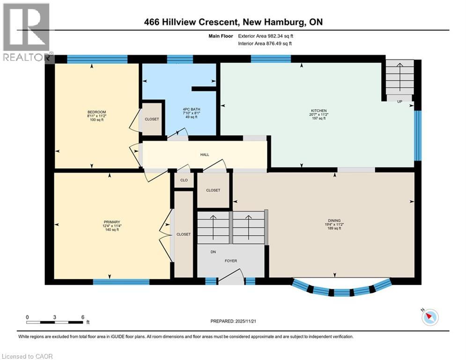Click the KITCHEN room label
pyautogui.click(x=319, y=111)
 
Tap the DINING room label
pyautogui.click(x=334, y=221)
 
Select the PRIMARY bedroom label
pyautogui.click(x=112, y=222)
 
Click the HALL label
pyautogui.click(x=205, y=155)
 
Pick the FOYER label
pyautogui.click(x=230, y=261)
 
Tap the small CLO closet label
pyautogui.click(x=184, y=180)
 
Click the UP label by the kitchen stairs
pyautogui.click(x=399, y=102)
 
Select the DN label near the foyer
pyautogui.click(x=213, y=252)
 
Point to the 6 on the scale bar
pyautogui.click(x=83, y=317)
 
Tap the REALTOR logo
pyautogui.click(x=27, y=32)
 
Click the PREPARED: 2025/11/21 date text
pyautogui.click(x=233, y=321)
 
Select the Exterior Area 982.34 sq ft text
pyautogui.click(x=266, y=36)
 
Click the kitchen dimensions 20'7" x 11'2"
pyautogui.click(x=318, y=114)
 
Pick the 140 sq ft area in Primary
pyautogui.click(x=112, y=230)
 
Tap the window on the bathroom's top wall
pyautogui.click(x=180, y=59)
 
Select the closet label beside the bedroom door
pyautogui.click(x=152, y=119)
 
